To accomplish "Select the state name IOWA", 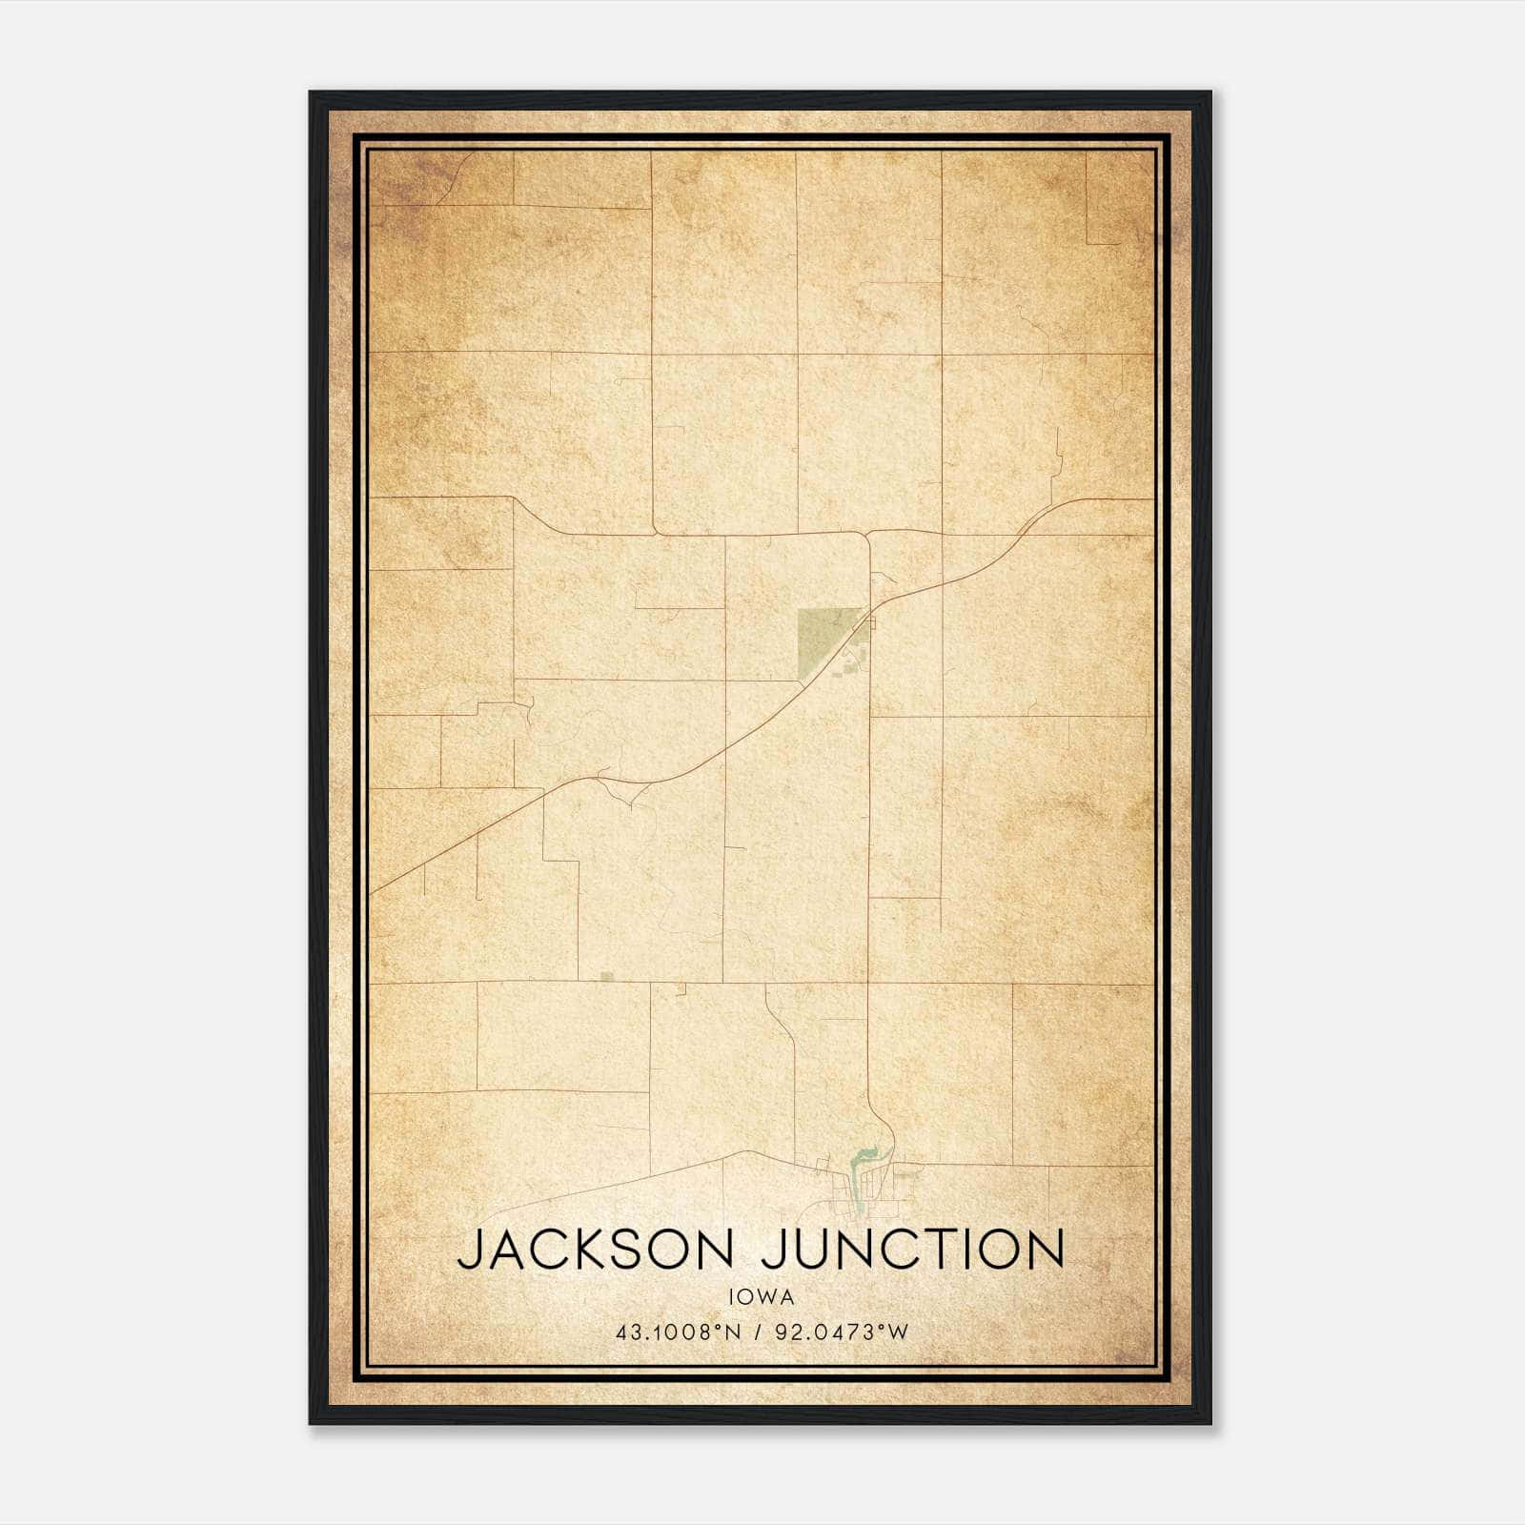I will pyautogui.click(x=761, y=1297).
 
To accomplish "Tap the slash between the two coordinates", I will pyautogui.click(x=759, y=1332).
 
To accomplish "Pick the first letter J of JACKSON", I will pyautogui.click(x=470, y=1250).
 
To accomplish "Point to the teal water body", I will pyautogui.click(x=863, y=1159).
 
